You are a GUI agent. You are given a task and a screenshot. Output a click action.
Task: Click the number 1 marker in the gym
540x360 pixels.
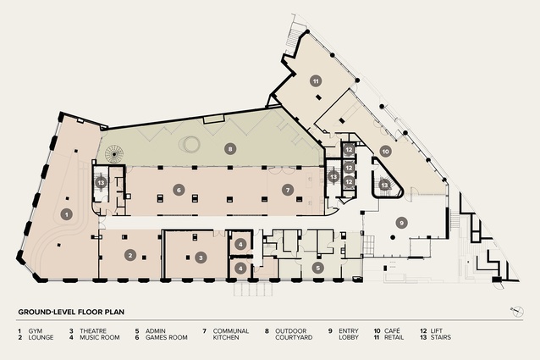67,214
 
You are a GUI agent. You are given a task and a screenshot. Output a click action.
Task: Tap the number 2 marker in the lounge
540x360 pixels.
130,255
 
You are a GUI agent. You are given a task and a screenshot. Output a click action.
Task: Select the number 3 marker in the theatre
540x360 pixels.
201,257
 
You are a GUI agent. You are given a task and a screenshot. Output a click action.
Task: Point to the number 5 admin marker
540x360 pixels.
318,268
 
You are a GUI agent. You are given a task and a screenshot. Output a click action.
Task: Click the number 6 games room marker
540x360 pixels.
179,190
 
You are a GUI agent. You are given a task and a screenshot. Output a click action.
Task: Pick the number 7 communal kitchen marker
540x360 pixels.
288,190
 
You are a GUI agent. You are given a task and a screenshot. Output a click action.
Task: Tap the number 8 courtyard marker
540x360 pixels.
230,149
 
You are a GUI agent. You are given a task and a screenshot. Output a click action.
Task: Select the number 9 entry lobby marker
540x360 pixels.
401,223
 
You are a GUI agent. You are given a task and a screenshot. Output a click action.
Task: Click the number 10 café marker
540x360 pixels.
386,152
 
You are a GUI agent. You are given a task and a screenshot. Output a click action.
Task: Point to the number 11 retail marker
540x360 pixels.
316,81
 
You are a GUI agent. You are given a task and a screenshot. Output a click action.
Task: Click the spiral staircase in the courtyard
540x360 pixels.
114,153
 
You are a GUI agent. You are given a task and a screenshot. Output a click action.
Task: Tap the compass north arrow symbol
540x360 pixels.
516,312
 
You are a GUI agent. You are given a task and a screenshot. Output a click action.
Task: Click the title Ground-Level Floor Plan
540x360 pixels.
71,312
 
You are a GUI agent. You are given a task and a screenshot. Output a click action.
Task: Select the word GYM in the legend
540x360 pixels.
36,331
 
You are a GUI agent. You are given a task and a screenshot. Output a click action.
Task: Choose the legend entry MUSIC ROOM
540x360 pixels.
100,338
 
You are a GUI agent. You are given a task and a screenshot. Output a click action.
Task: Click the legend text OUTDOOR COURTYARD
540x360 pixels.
294,334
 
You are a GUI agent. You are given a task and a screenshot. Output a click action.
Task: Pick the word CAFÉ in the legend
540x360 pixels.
392,331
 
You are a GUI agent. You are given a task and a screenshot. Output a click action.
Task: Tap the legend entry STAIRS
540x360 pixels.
440,338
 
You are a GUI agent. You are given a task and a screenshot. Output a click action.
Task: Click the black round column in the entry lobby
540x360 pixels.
393,237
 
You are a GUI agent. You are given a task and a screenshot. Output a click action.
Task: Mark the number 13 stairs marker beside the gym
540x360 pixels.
101,182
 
